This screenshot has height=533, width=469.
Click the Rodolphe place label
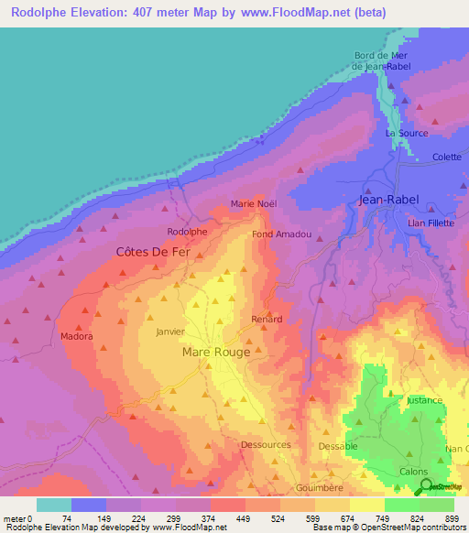click(187, 232)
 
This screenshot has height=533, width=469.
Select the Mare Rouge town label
click(216, 352)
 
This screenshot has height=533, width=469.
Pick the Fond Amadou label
click(281, 234)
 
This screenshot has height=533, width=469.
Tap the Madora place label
click(77, 336)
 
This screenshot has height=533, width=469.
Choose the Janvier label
click(171, 332)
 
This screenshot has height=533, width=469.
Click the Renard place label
click(267, 319)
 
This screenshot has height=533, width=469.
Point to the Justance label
click(424, 400)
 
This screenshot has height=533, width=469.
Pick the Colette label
click(447, 157)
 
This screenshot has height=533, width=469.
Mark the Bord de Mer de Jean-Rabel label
click(380, 60)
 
